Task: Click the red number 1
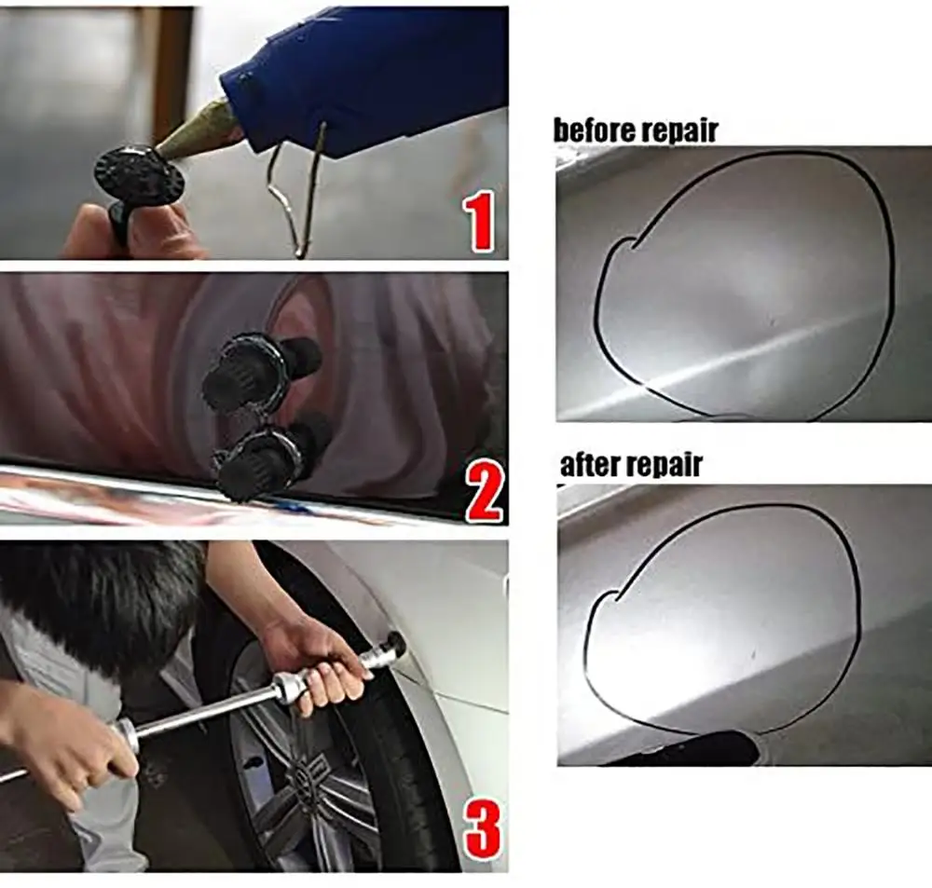(x=481, y=220)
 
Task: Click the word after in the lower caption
(x=593, y=464)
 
